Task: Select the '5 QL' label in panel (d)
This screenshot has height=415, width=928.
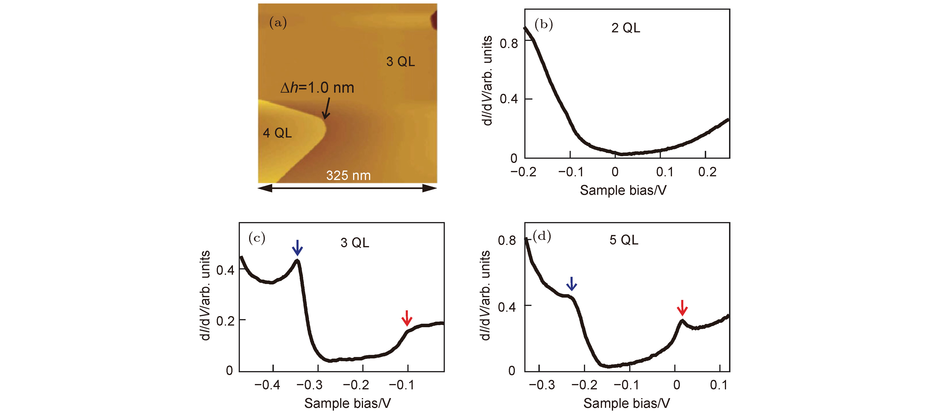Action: (x=624, y=240)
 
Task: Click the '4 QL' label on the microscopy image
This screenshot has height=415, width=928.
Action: (x=277, y=133)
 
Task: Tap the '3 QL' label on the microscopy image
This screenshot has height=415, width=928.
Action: (x=400, y=62)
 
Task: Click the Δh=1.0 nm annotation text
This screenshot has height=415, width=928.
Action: (x=317, y=88)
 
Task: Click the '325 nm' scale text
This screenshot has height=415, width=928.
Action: (x=348, y=175)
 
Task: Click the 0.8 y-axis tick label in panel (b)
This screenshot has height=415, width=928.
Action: (x=508, y=44)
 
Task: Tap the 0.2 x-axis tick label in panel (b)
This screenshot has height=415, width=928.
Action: (x=707, y=172)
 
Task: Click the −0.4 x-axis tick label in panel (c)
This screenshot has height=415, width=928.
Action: (x=267, y=385)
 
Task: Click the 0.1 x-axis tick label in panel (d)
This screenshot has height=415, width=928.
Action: (x=719, y=385)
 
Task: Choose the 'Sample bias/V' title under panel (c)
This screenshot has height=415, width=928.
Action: (x=347, y=403)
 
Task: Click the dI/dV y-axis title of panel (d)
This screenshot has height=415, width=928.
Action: (x=485, y=295)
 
